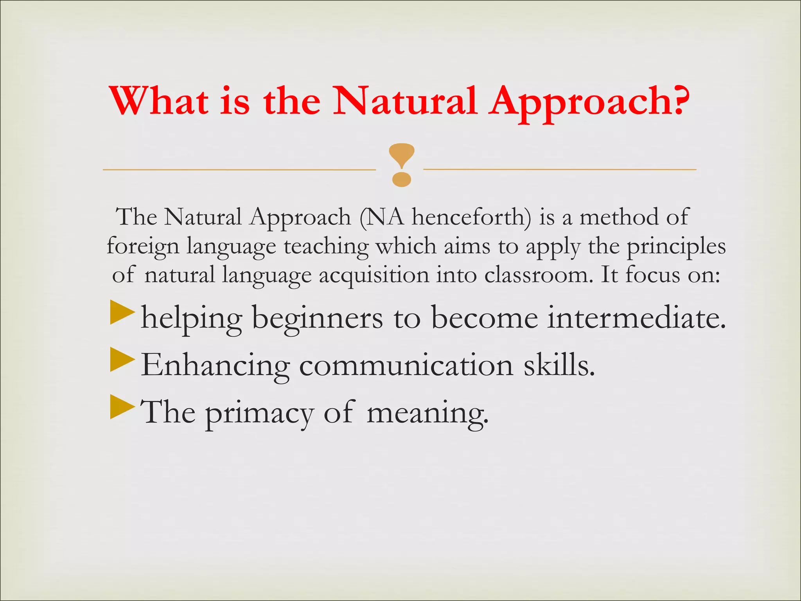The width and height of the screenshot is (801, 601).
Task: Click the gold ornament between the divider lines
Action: click(402, 164)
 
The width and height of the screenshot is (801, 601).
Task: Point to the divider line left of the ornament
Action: click(239, 170)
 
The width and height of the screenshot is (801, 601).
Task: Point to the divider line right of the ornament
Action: click(559, 169)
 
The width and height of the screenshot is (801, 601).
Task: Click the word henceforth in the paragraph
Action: click(472, 217)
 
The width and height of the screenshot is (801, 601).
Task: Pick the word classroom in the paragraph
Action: click(536, 275)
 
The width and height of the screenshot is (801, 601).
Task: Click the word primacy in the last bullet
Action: click(259, 413)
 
